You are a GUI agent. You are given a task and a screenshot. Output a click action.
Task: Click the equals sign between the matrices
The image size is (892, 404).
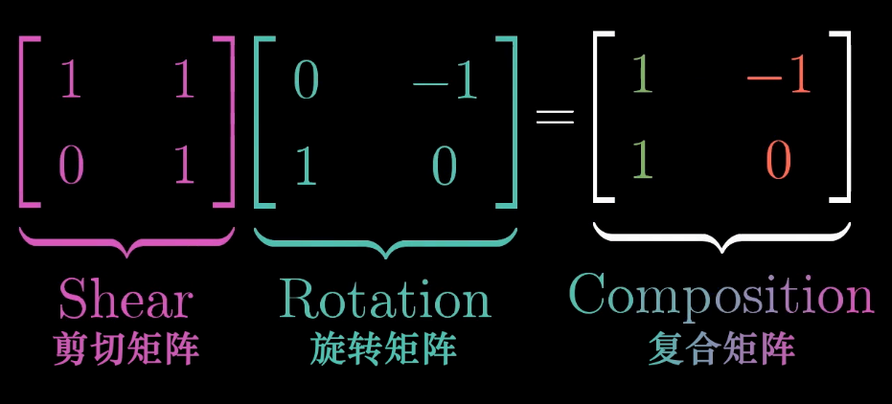click(x=555, y=118)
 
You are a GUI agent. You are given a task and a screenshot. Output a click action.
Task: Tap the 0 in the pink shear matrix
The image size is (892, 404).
click(x=71, y=166)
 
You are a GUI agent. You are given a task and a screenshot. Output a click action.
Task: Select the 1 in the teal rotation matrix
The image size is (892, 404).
click(x=306, y=166)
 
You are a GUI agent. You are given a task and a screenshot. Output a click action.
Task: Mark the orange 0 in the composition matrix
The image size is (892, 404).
click(x=778, y=160)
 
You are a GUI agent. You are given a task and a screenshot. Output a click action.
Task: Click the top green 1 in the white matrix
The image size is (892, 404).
click(x=642, y=78)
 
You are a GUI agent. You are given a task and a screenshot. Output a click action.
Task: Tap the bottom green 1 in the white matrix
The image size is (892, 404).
click(x=642, y=160)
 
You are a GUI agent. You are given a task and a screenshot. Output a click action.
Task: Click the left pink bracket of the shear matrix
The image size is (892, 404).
click(x=23, y=121)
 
